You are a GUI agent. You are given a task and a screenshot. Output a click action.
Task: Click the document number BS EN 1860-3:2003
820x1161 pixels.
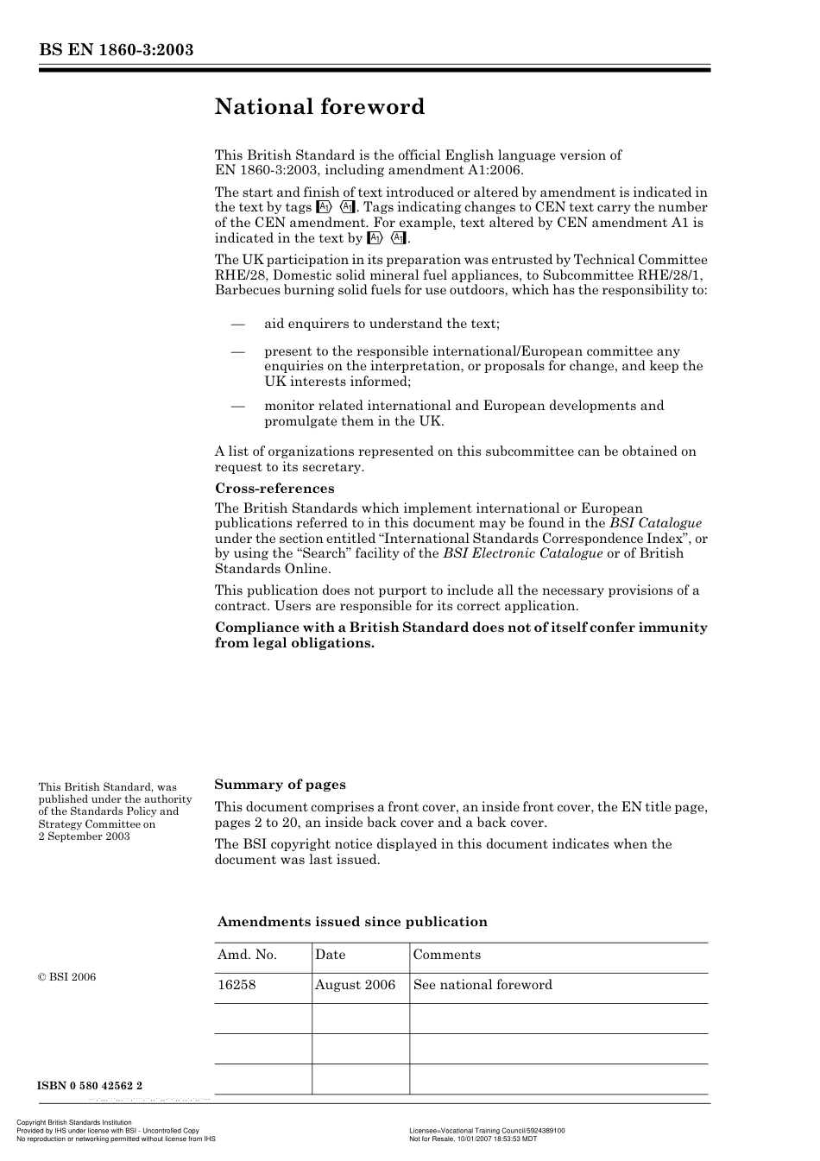click(x=116, y=50)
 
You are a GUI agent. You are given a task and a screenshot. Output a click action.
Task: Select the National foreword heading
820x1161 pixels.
click(x=319, y=107)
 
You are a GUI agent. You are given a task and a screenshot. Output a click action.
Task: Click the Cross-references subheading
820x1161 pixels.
click(x=274, y=489)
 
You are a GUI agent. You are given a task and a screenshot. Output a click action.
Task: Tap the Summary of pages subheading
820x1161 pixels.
click(x=280, y=785)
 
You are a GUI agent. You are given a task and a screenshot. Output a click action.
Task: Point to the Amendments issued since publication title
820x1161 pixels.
click(x=352, y=922)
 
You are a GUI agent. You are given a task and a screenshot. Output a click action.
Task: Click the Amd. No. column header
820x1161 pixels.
click(x=247, y=955)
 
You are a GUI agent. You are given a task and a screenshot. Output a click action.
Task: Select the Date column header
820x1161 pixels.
click(x=330, y=955)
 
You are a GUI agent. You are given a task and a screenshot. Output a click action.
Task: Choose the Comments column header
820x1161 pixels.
click(x=447, y=955)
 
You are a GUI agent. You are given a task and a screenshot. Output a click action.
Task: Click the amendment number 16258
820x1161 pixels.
click(x=237, y=985)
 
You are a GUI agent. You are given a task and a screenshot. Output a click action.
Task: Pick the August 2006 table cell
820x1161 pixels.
click(x=355, y=985)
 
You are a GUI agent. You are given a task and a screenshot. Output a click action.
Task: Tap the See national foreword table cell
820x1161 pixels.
click(x=483, y=985)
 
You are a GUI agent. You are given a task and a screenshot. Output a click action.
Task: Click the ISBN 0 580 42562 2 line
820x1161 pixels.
click(x=90, y=1086)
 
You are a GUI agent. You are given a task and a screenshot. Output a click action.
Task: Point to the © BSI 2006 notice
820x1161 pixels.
click(x=67, y=977)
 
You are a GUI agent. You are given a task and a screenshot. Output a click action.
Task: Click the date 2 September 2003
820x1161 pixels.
click(x=84, y=836)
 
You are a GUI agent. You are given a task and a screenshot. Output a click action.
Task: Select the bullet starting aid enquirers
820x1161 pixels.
click(x=382, y=324)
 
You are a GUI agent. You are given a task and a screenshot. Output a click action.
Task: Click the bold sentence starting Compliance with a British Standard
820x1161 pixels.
click(x=461, y=635)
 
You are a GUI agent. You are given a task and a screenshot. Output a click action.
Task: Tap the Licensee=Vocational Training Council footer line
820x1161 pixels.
click(x=487, y=1130)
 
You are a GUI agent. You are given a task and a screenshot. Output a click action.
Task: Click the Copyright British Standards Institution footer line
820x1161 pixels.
click(x=74, y=1122)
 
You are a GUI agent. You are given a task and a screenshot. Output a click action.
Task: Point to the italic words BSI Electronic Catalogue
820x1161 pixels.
click(x=523, y=553)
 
